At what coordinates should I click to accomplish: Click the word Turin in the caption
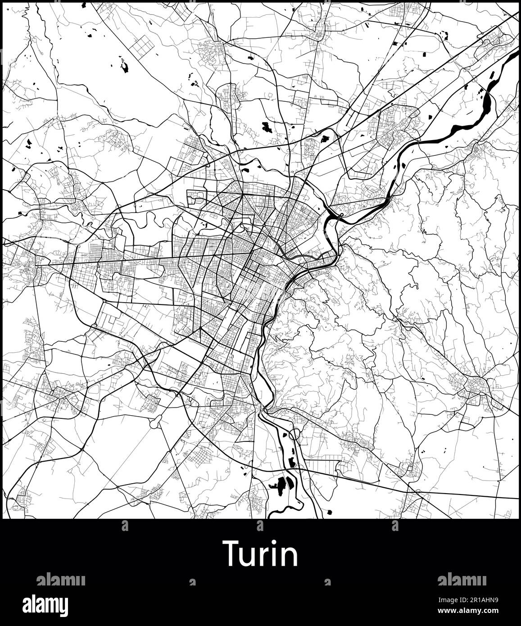click(x=260, y=554)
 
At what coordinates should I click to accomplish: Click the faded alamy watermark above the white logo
click(x=60, y=580)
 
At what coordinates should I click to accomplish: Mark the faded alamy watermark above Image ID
click(x=462, y=580)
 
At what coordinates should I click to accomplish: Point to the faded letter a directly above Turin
click(x=260, y=526)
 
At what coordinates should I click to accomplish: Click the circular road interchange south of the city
click(x=295, y=435)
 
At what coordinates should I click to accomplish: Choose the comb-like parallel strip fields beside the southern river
click(x=320, y=463)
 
